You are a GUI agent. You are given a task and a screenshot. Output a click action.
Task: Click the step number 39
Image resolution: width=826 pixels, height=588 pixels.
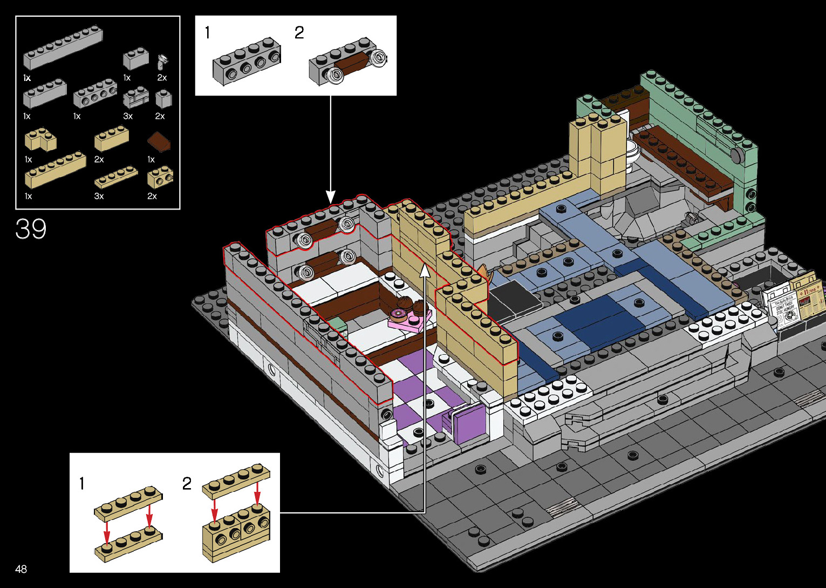coord(31,229)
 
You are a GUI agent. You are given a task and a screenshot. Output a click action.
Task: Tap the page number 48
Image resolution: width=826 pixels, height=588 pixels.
coord(21,569)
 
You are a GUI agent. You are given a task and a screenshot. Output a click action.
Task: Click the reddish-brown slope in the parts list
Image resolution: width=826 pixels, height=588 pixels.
coord(160,141)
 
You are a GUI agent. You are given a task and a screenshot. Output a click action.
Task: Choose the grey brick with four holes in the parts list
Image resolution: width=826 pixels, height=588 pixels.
coord(95,94)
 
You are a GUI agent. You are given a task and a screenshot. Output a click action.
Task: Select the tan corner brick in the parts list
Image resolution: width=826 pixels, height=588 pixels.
coord(40,140)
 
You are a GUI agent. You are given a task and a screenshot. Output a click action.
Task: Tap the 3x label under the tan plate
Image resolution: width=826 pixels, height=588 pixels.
coord(99,196)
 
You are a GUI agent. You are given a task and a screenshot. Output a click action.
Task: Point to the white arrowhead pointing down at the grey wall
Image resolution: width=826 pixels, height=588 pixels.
coord(331,197)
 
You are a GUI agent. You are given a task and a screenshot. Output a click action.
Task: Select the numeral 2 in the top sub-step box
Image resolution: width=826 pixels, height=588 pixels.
coord(299,33)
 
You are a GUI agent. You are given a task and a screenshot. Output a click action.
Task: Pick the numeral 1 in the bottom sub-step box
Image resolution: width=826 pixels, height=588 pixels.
coord(82,483)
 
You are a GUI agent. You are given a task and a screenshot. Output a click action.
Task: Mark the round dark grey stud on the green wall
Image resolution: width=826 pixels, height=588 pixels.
coord(736,156)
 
